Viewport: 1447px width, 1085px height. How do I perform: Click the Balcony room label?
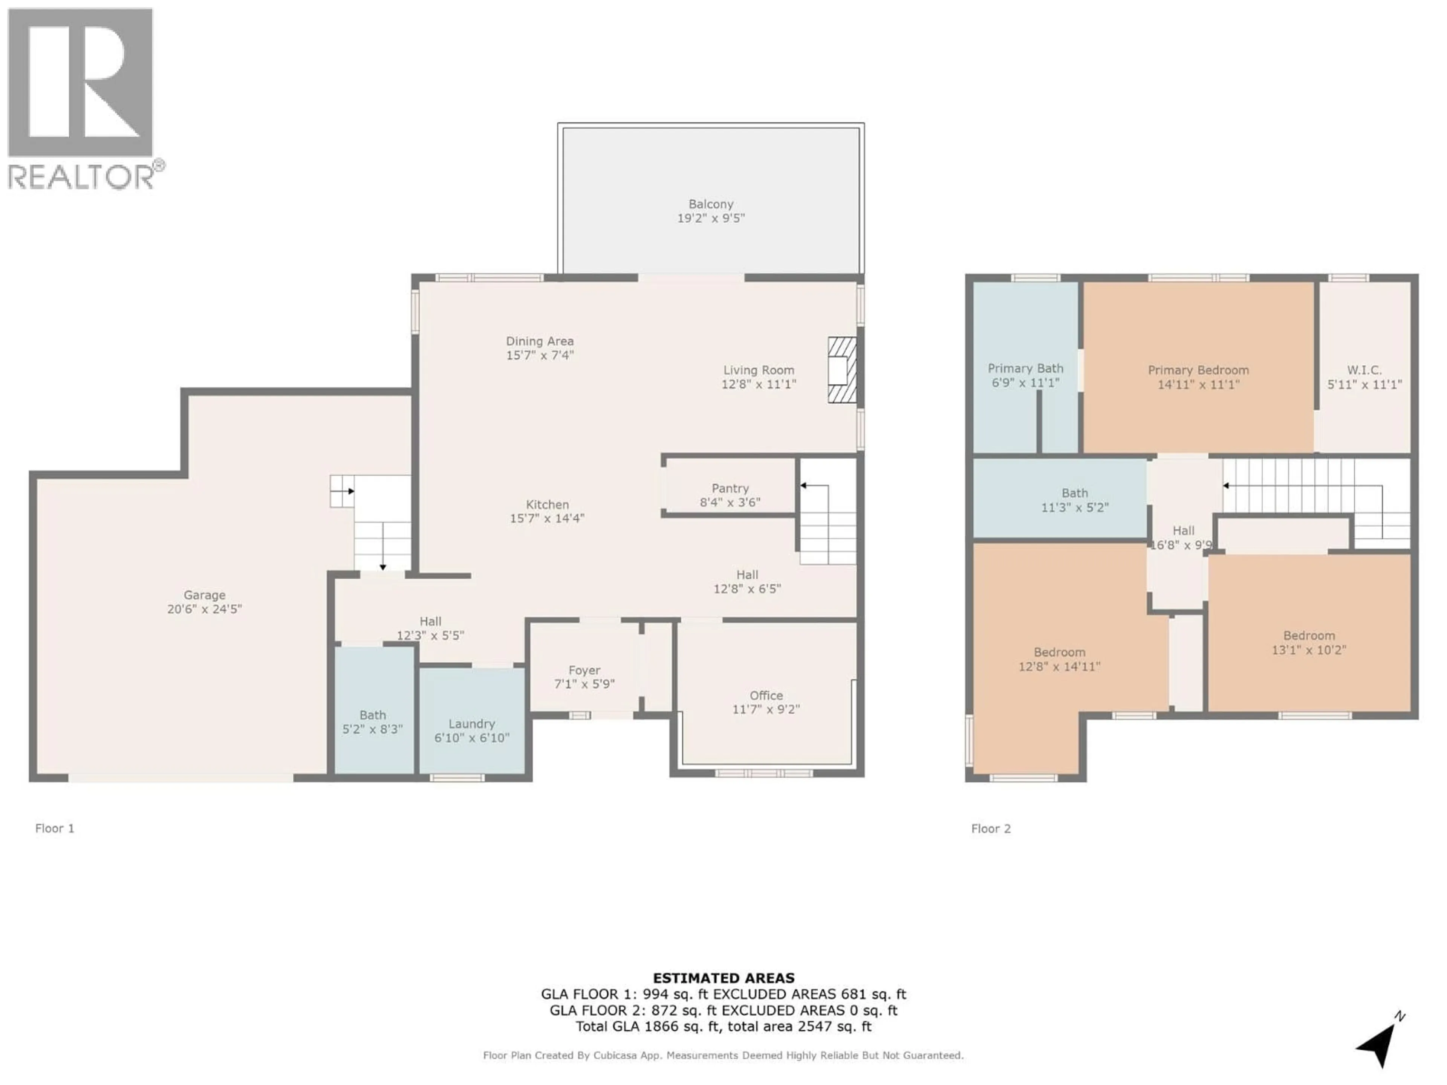click(710, 204)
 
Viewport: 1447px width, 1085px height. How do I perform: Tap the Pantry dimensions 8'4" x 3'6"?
click(730, 502)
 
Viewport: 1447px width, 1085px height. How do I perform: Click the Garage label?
click(204, 594)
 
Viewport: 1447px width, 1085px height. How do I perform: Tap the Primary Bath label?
click(1025, 368)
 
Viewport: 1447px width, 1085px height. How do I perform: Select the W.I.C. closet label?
click(1364, 370)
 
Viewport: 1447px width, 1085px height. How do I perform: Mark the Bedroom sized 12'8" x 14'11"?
click(1059, 659)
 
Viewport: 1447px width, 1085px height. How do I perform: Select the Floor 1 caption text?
click(54, 828)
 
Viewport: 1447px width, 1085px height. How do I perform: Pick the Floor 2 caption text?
click(990, 828)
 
